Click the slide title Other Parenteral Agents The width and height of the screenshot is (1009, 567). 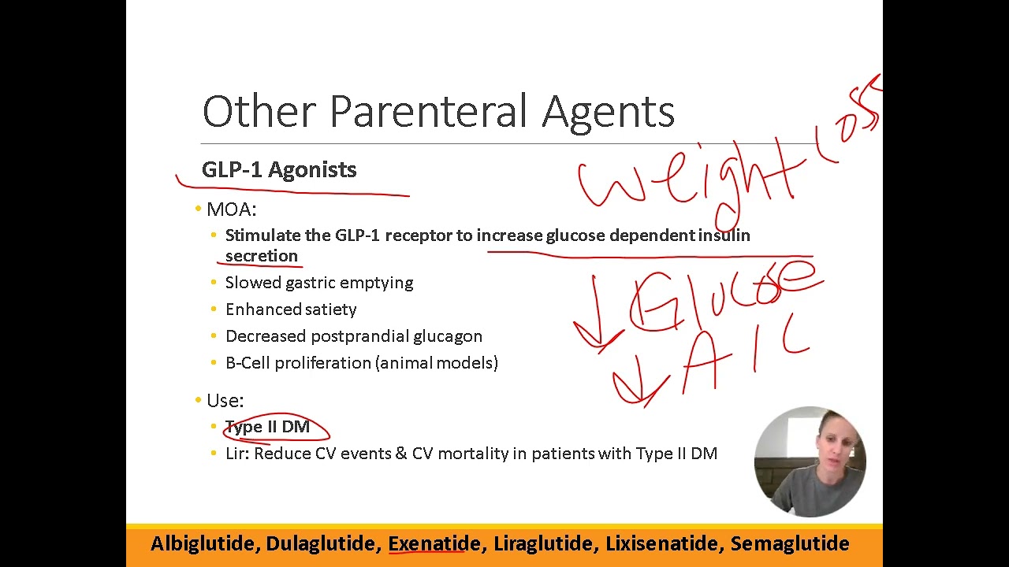438,111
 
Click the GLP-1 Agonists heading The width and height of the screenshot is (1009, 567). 279,170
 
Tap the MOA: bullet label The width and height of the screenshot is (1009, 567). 231,209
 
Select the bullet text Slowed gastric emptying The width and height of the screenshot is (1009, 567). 318,283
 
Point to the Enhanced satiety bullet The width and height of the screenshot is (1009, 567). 291,309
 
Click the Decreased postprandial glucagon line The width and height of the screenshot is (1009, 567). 353,336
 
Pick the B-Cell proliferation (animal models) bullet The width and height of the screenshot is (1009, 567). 361,363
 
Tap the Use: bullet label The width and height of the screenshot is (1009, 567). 225,401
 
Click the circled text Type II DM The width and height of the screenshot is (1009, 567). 268,427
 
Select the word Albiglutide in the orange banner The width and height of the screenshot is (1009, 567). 202,543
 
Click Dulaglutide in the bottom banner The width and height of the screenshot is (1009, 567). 320,543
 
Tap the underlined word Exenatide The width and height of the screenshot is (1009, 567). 434,543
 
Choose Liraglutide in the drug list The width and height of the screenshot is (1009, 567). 543,543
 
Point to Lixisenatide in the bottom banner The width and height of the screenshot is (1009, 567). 662,543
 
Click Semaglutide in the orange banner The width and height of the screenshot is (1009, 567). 789,543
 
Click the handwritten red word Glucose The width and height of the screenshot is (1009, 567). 721,295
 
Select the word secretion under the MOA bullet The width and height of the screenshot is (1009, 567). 262,256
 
